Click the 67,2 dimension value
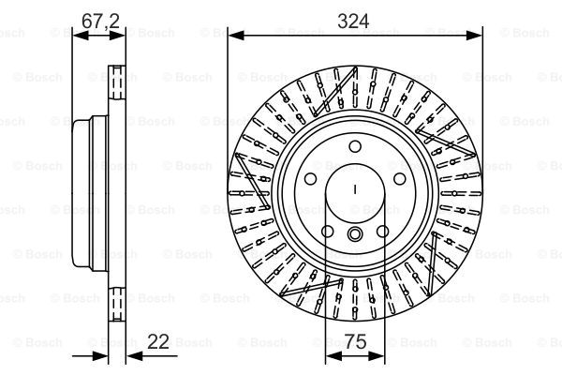pyautogui.click(x=100, y=22)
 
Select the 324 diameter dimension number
pyautogui.click(x=353, y=22)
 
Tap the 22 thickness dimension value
pyautogui.click(x=158, y=341)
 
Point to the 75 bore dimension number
pyautogui.click(x=356, y=341)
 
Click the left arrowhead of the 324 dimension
pyautogui.click(x=236, y=36)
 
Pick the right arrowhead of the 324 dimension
pyautogui.click(x=474, y=36)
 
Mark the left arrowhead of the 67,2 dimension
pyautogui.click(x=81, y=36)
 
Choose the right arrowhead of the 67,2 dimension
pyautogui.click(x=117, y=36)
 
